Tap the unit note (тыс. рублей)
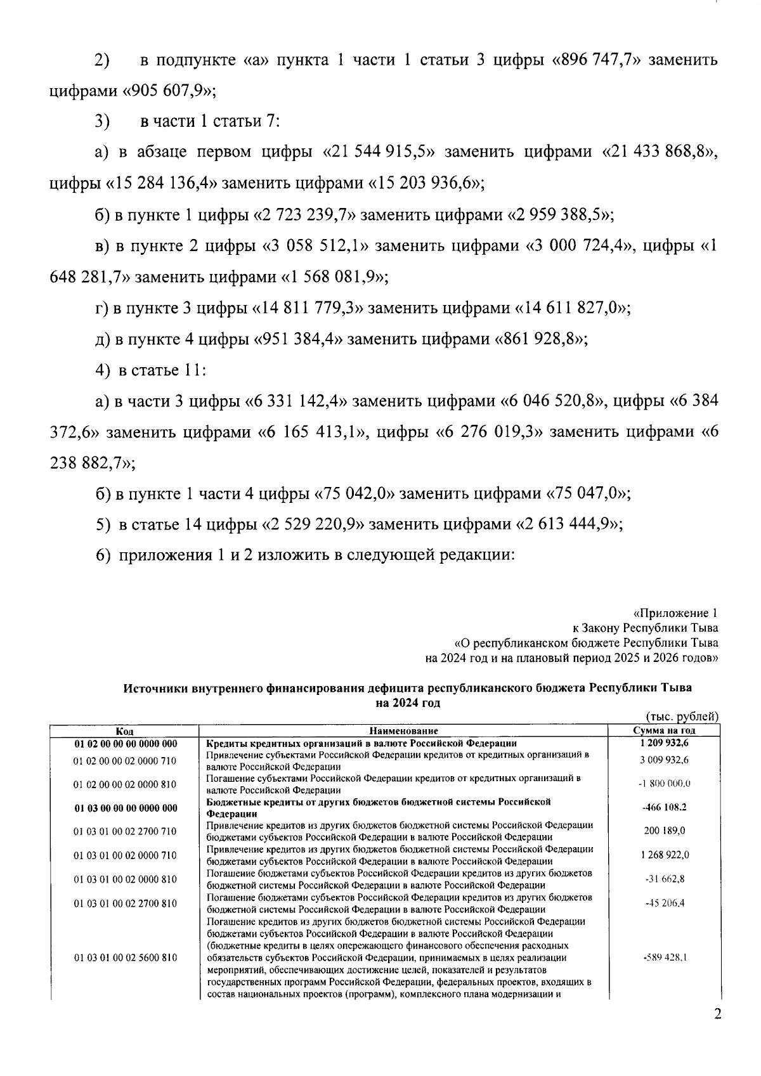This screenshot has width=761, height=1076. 681,716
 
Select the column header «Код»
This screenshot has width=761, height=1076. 124,731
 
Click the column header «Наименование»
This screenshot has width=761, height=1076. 403,731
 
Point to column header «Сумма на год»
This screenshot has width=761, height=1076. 664,731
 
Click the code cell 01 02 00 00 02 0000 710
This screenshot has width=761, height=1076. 125,760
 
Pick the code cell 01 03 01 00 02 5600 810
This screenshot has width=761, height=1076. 125,958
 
